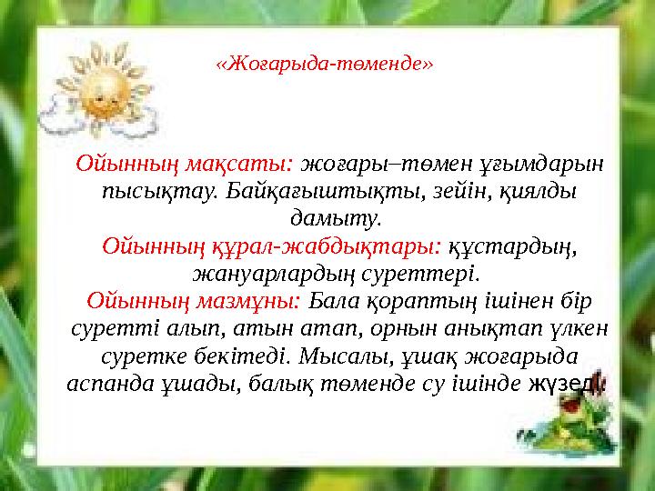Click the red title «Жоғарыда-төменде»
pyautogui.click(x=324, y=65)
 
